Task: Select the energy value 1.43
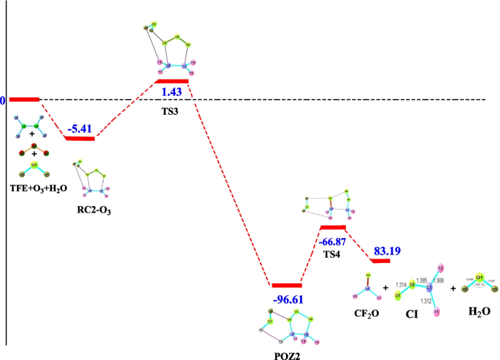click(172, 93)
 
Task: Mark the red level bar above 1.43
click(172, 81)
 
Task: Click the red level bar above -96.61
click(286, 286)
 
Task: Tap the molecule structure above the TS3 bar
click(167, 47)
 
